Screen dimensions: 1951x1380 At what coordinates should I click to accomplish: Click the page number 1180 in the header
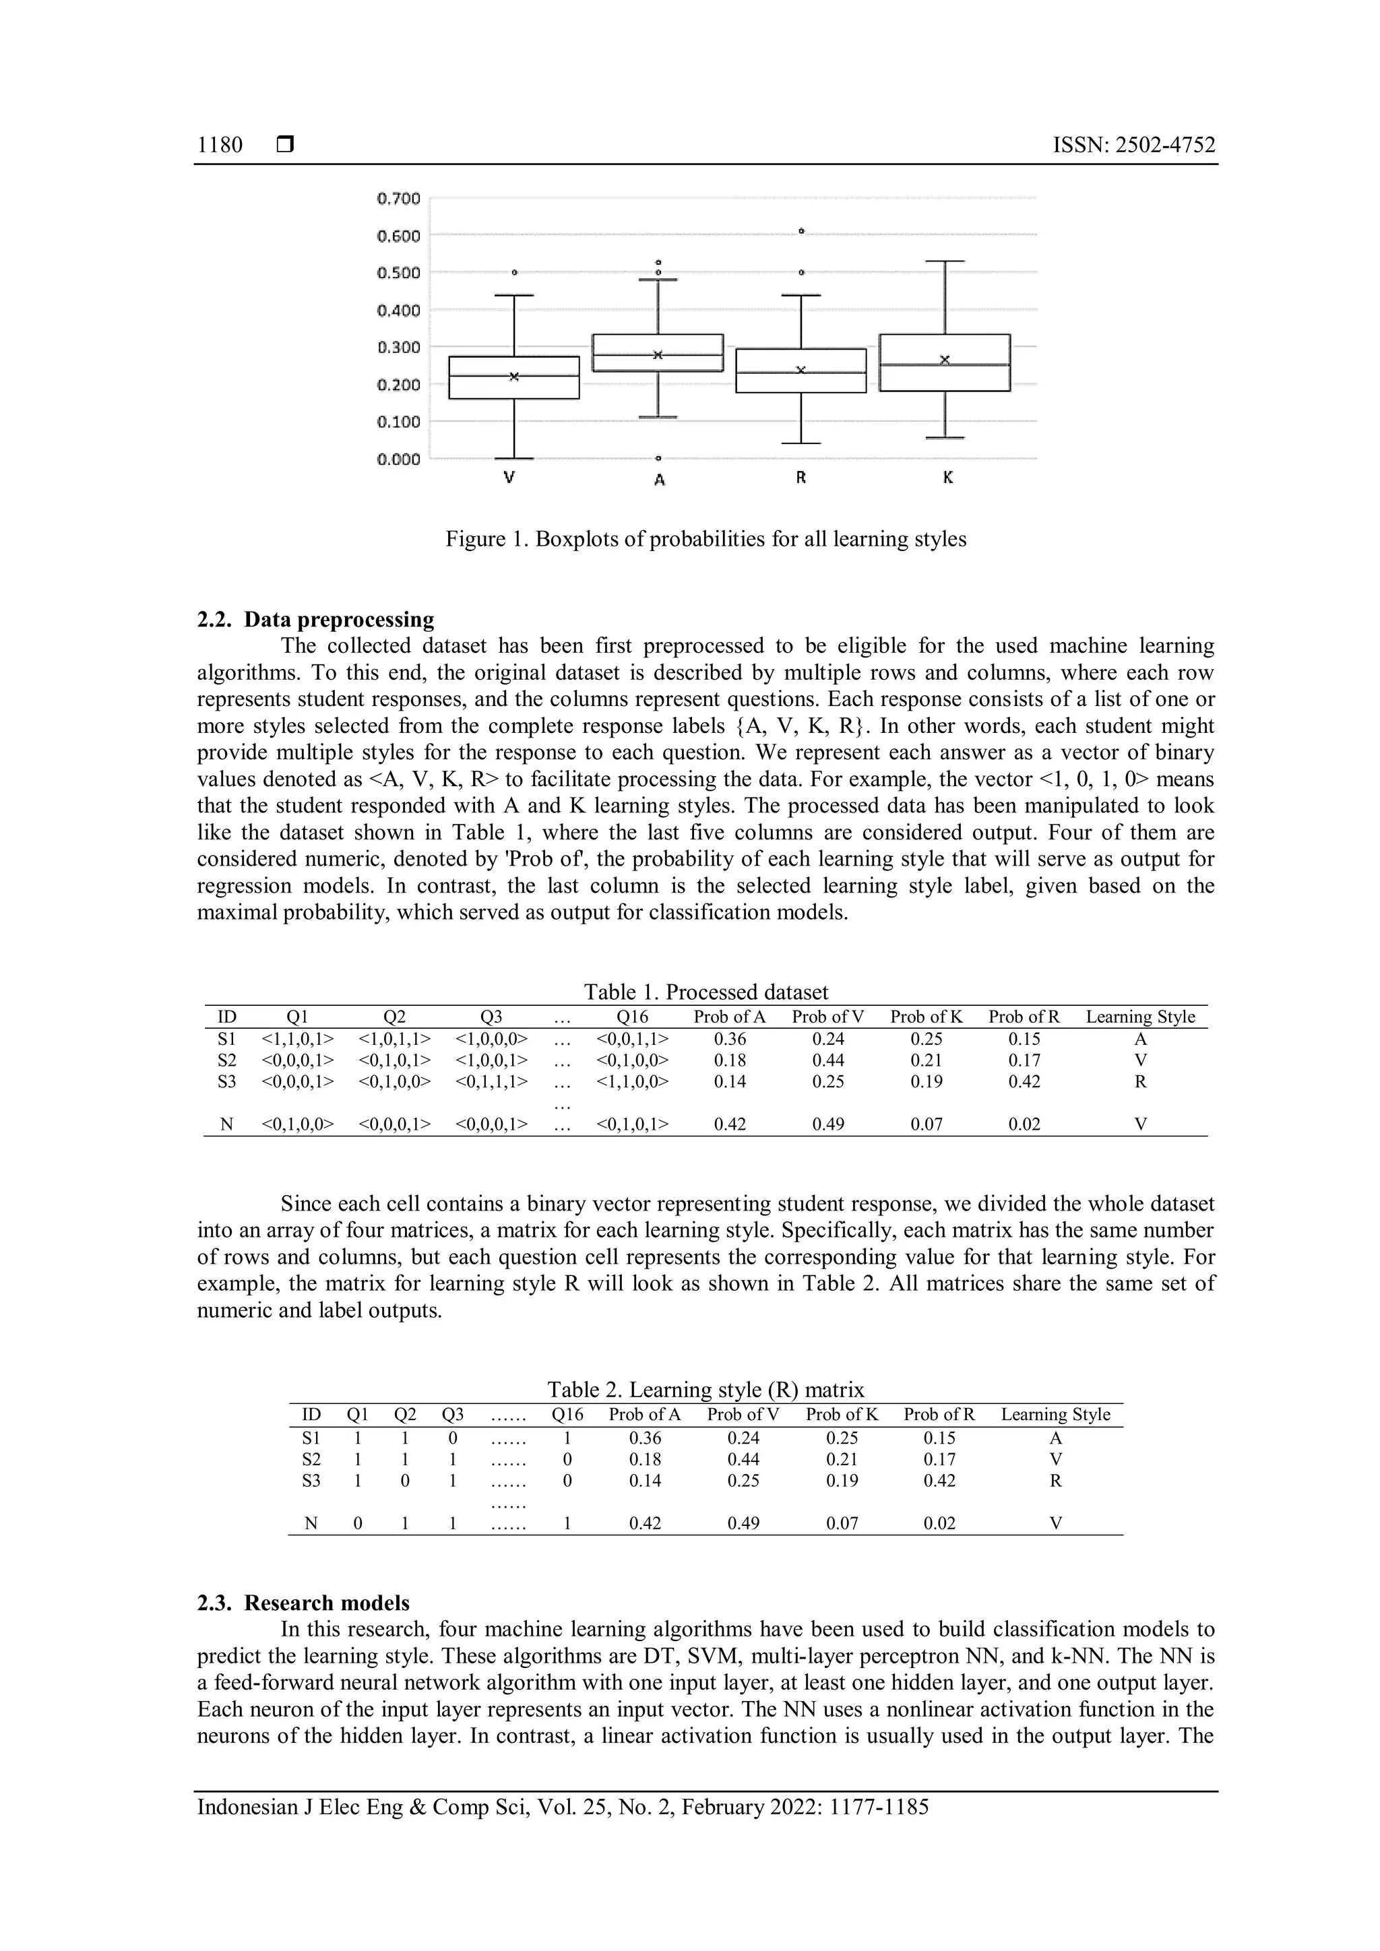(x=220, y=146)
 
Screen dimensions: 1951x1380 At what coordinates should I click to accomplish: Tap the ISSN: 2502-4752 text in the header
(x=1133, y=146)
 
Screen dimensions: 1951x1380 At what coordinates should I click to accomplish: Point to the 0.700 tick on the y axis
(x=398, y=199)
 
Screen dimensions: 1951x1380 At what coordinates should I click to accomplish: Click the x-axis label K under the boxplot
(x=947, y=478)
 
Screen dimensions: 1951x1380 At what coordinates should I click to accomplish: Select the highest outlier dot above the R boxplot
(x=801, y=230)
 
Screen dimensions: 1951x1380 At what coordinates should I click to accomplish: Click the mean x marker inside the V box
(x=514, y=377)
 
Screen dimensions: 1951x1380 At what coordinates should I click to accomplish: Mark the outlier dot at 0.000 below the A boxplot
(x=658, y=458)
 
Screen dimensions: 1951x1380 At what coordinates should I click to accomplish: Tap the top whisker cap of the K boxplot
(x=944, y=261)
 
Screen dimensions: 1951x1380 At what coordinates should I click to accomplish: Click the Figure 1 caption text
(x=705, y=540)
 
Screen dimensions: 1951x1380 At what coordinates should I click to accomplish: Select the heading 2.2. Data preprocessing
(x=315, y=620)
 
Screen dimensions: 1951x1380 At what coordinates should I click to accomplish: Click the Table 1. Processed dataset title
(x=705, y=992)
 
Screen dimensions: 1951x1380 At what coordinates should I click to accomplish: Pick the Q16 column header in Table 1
(x=632, y=1017)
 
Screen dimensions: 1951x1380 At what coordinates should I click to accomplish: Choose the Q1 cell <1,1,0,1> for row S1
(x=297, y=1040)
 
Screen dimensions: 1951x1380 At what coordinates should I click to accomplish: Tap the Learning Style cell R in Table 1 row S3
(x=1140, y=1082)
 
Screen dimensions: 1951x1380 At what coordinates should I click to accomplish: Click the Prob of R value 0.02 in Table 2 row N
(x=939, y=1524)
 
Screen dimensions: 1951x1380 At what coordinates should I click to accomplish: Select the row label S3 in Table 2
(x=311, y=1481)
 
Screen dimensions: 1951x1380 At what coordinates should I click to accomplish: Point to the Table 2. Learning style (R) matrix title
(x=705, y=1390)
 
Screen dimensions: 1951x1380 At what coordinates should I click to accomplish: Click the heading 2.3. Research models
(x=303, y=1603)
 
